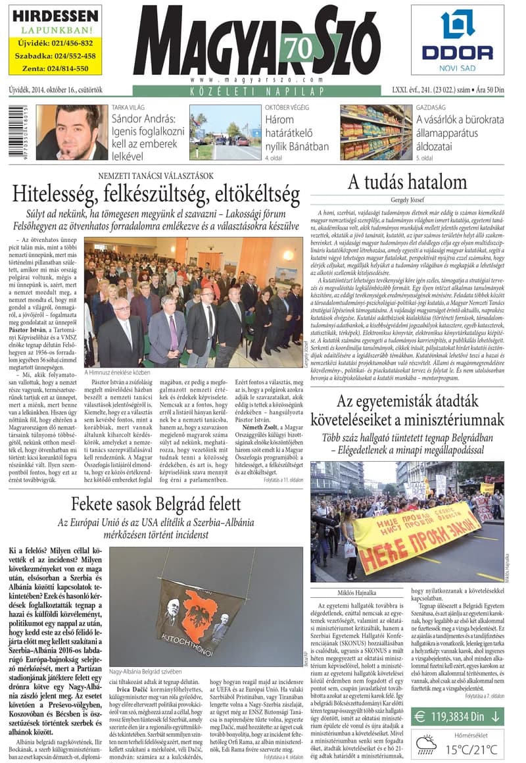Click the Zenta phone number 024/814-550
pos(55,68)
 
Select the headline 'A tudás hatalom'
pos(406,182)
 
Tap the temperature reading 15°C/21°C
pos(471,748)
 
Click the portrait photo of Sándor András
pos(72,132)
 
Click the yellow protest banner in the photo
pos(417,527)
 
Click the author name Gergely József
pos(406,199)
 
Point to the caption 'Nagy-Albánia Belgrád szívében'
pos(145,672)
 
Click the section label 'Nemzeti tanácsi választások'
pos(156,176)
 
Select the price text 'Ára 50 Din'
pos(498,90)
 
